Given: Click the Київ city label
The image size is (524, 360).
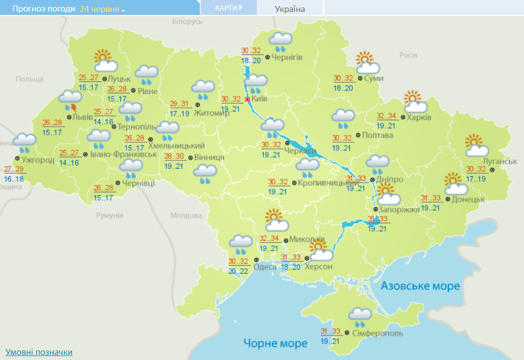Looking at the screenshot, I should pos(260,99).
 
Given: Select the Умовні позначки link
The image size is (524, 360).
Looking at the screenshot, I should pos(39,353).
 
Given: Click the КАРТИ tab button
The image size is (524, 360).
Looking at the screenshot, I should pos(229,8).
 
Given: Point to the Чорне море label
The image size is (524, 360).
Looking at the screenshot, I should pos(275,343).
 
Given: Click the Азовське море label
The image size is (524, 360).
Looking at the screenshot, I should pos(420,286).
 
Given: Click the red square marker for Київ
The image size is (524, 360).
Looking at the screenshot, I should pos(248,99).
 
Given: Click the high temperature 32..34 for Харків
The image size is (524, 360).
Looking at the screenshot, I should pos(386,116).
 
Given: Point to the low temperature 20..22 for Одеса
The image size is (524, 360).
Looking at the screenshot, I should pos(238,271).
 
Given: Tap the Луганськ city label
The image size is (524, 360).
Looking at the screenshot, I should pos(500,161).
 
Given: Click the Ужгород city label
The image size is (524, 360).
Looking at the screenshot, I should pos(38,160).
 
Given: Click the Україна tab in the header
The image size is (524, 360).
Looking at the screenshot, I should pos(290,9).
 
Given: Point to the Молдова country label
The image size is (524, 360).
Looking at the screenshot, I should pos(186,215).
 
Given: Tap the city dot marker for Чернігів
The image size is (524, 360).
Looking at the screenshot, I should pos(267,57).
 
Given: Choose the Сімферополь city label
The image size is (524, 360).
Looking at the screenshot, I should pos(378,333).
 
